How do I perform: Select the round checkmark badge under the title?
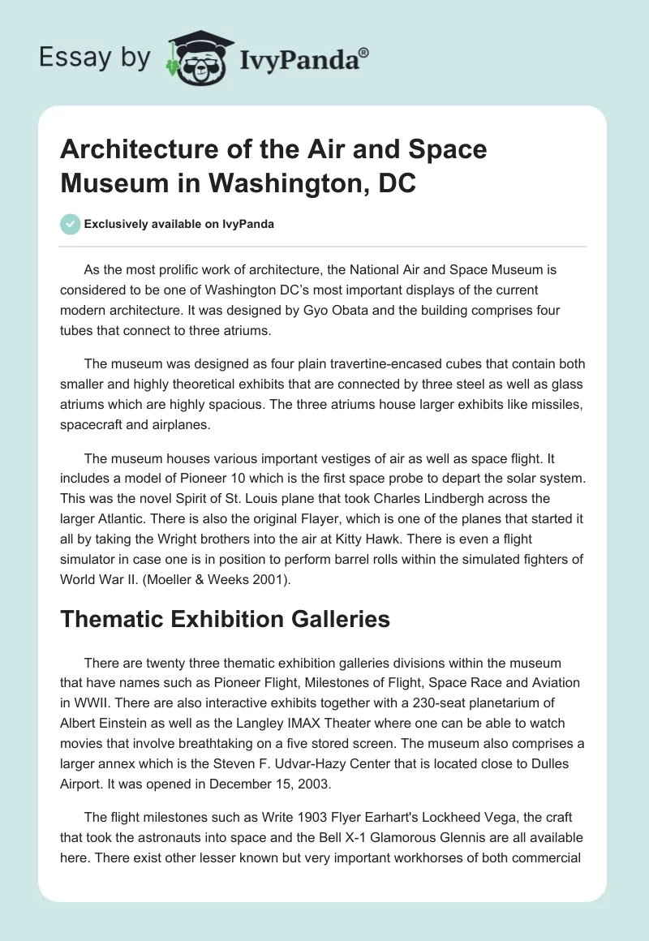71,224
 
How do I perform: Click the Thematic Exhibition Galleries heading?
226,620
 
